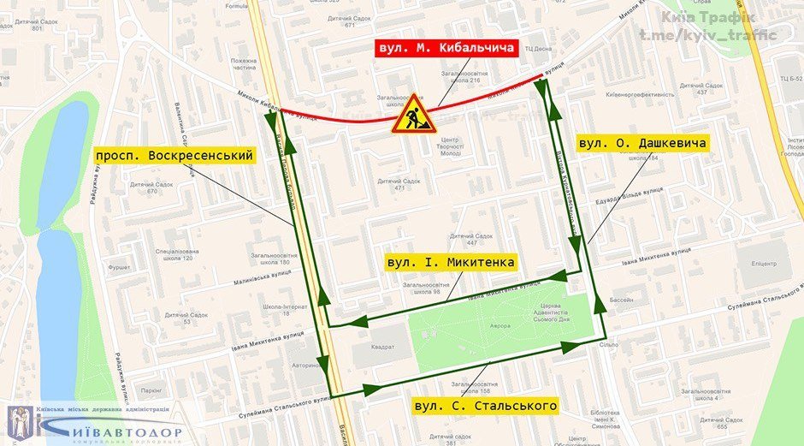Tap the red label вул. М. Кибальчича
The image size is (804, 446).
[x=447, y=48]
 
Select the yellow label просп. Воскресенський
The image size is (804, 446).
[x=174, y=155]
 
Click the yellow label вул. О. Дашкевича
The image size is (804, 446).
[x=642, y=143]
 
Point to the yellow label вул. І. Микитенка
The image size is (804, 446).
[x=450, y=262]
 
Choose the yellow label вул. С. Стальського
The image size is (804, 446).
[x=485, y=405]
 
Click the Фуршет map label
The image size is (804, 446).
[x=120, y=266]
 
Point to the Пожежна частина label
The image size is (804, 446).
[x=243, y=65]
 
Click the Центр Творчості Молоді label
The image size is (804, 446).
[x=450, y=146]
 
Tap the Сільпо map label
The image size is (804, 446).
[x=609, y=345]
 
